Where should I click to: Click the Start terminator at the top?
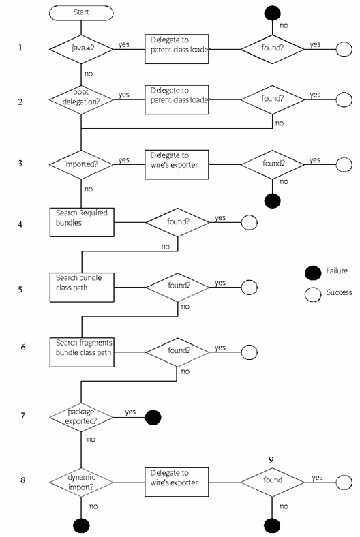pos(81,13)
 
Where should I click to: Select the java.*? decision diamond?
pos(81,49)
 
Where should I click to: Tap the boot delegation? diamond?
pos(81,99)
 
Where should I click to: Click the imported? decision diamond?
pos(81,164)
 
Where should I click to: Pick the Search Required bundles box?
pos(82,222)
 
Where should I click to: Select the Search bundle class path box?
pos(82,288)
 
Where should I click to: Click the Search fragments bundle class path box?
pos(82,352)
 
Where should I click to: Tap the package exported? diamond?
pos(81,418)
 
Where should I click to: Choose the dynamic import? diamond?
pos(81,482)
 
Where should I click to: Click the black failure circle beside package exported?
pos(153,418)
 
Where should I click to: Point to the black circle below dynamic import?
pos(81,525)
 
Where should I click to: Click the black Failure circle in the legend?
pos(313,273)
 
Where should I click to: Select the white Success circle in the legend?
pos(313,294)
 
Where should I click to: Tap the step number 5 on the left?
pos(20,290)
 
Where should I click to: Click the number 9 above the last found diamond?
pos(271,459)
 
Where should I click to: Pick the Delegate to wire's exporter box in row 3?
pos(177,164)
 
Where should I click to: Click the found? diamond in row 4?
pos(178,222)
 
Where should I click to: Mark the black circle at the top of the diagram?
pos(272,13)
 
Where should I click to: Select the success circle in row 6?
pos(249,352)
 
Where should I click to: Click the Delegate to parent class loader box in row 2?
pos(177,99)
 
